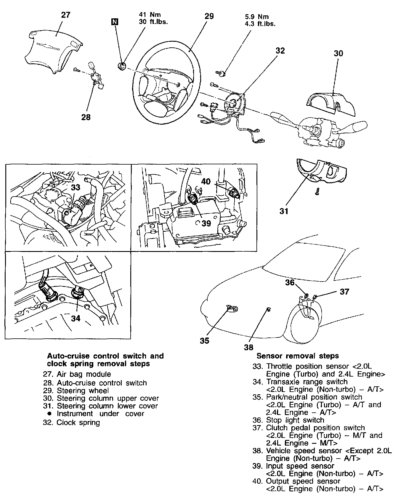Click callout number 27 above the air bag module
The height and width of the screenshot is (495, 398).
click(65, 15)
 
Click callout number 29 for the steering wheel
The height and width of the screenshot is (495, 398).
click(209, 16)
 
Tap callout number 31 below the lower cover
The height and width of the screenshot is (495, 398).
click(284, 211)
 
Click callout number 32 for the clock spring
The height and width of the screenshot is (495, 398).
click(280, 51)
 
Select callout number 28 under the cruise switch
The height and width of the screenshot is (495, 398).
click(86, 117)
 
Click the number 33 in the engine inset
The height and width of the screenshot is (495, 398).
click(76, 187)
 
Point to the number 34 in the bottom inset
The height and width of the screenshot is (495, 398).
click(76, 318)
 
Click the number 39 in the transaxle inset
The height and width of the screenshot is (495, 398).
click(206, 223)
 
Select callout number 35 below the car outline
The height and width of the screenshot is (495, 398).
click(204, 341)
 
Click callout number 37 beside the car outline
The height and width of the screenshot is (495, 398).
click(344, 292)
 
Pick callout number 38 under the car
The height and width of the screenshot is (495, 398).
click(249, 347)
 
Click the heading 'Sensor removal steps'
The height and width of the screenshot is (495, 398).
click(297, 356)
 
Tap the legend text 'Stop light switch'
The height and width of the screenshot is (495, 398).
click(295, 420)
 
